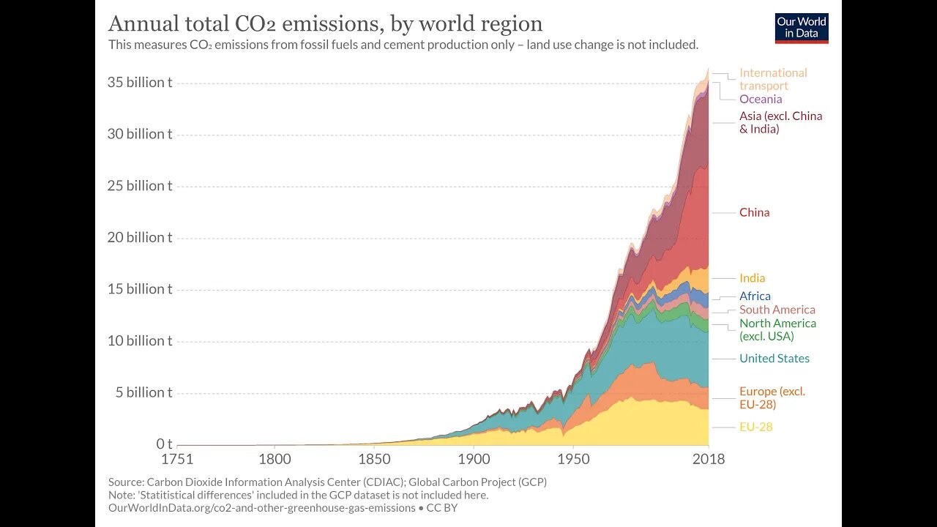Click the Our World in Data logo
(x=802, y=28)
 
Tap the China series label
(x=754, y=212)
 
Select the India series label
(x=752, y=278)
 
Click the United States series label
(x=774, y=358)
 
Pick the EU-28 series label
(x=755, y=427)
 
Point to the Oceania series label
(x=761, y=99)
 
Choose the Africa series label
(x=755, y=296)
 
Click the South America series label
(x=777, y=310)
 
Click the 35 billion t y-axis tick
(x=140, y=82)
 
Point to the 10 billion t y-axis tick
(x=140, y=340)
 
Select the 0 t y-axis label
(x=164, y=444)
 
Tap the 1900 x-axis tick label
(x=473, y=460)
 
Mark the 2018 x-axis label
(x=708, y=460)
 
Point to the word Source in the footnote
(x=125, y=482)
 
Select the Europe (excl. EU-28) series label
(x=772, y=397)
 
